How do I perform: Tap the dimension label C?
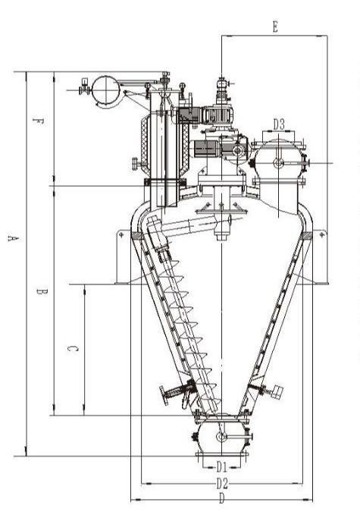[x=70, y=348]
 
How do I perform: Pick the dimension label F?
[x=39, y=121]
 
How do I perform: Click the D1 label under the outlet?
[x=221, y=465]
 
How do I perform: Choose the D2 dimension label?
[x=221, y=482]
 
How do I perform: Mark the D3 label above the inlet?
[x=278, y=124]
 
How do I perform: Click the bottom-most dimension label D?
[x=221, y=499]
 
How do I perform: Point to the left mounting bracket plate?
[x=121, y=259]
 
